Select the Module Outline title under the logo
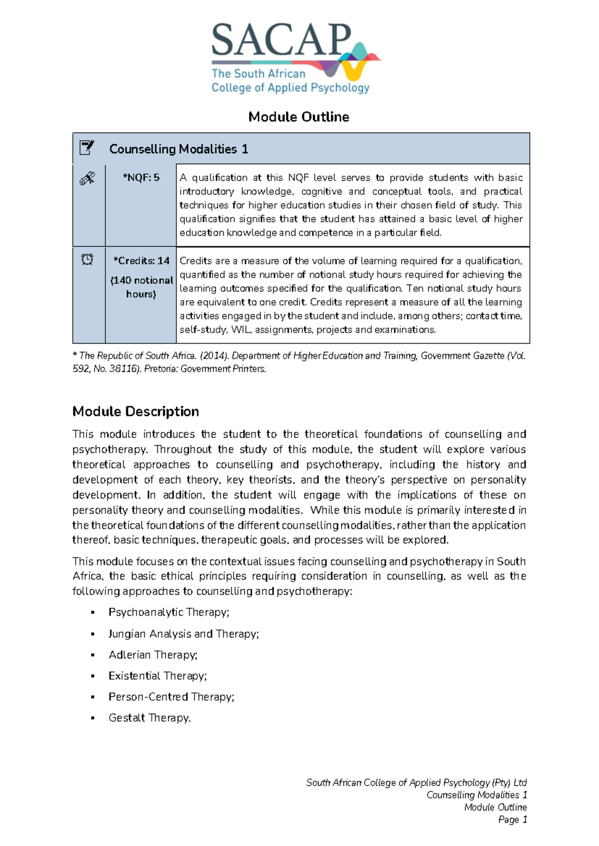pyautogui.click(x=299, y=117)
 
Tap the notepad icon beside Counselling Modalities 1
pyautogui.click(x=87, y=148)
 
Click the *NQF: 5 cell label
pyautogui.click(x=141, y=178)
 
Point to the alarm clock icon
pyautogui.click(x=87, y=259)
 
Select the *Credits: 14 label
pyautogui.click(x=141, y=260)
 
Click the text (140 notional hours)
pyautogui.click(x=141, y=287)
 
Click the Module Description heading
pyautogui.click(x=136, y=412)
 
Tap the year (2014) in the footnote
pyautogui.click(x=215, y=356)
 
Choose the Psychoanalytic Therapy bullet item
pyautogui.click(x=169, y=612)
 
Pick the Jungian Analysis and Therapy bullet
pyautogui.click(x=184, y=634)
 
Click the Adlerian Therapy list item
pyautogui.click(x=153, y=654)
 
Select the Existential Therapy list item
pyautogui.click(x=158, y=676)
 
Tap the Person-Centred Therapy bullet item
pyautogui.click(x=171, y=697)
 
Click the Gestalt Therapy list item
pyautogui.click(x=150, y=718)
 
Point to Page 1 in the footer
pyautogui.click(x=513, y=820)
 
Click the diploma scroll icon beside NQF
pyautogui.click(x=87, y=178)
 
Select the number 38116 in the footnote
pyautogui.click(x=122, y=369)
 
